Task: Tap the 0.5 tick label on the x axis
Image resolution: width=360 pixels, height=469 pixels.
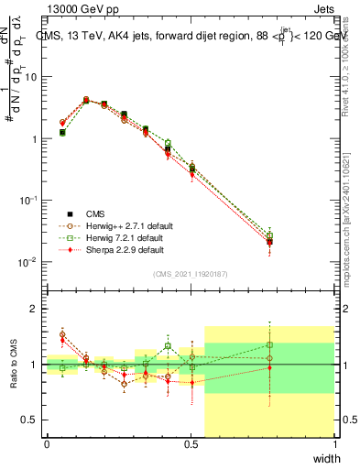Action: click(191, 444)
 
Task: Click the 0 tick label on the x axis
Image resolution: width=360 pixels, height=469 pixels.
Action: click(47, 444)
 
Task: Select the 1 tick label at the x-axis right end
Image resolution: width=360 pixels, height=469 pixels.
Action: click(334, 444)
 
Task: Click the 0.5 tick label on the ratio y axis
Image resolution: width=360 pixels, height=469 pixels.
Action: click(29, 420)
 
